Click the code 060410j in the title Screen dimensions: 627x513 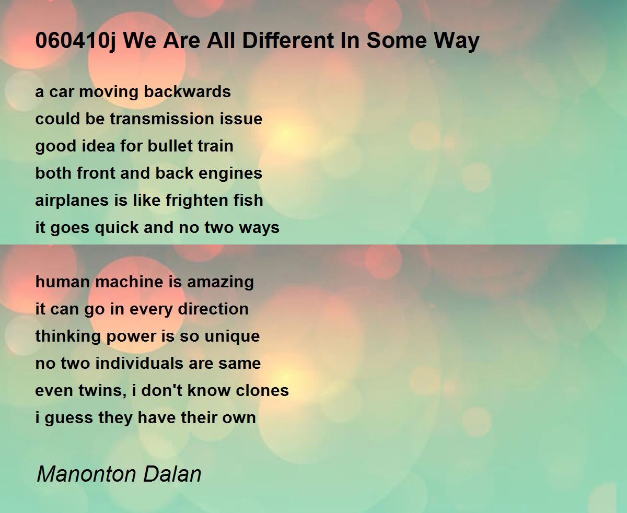pyautogui.click(x=76, y=41)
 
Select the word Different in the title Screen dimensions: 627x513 pyautogui.click(x=288, y=40)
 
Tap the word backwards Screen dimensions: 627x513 pyautogui.click(x=187, y=91)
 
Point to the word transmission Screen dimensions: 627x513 pyautogui.click(x=162, y=119)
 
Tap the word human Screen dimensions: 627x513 pyautogui.click(x=63, y=282)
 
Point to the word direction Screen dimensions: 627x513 pyautogui.click(x=213, y=309)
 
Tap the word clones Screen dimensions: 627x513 pyautogui.click(x=262, y=390)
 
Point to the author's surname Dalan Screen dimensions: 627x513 pyautogui.click(x=172, y=474)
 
